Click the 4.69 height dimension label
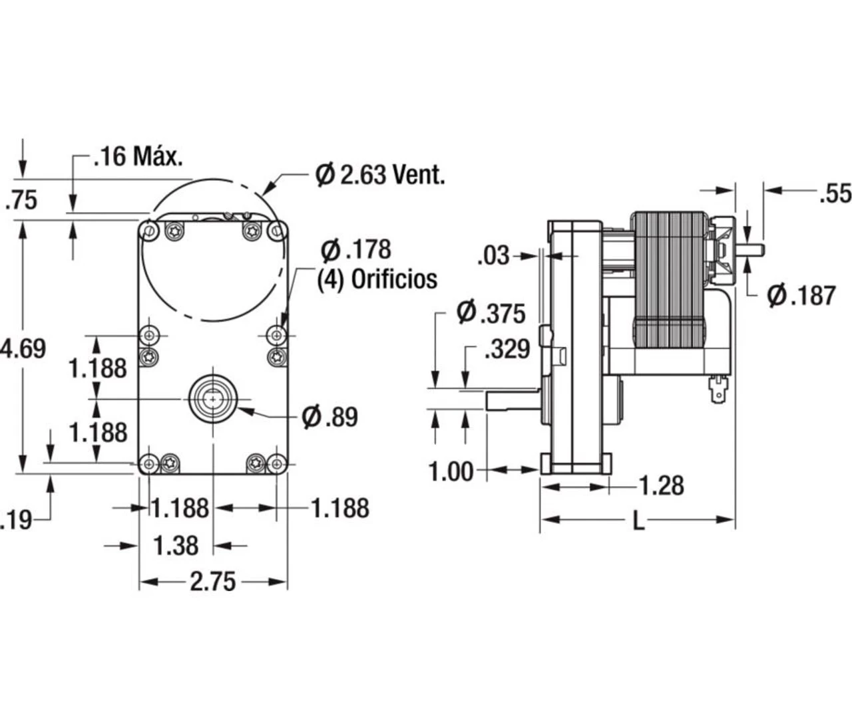(24, 348)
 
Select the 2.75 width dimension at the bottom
(212, 582)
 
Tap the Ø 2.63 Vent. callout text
(379, 176)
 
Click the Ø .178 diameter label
(355, 250)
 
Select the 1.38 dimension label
(176, 546)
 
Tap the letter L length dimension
(638, 521)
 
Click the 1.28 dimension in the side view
(661, 486)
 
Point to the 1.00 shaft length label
(451, 471)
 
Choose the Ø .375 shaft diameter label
(491, 312)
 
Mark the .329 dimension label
(507, 349)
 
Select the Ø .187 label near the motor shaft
(801, 295)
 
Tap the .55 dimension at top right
(835, 193)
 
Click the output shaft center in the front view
(212, 398)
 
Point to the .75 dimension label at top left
(21, 200)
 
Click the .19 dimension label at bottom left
(16, 520)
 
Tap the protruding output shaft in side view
(511, 400)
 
